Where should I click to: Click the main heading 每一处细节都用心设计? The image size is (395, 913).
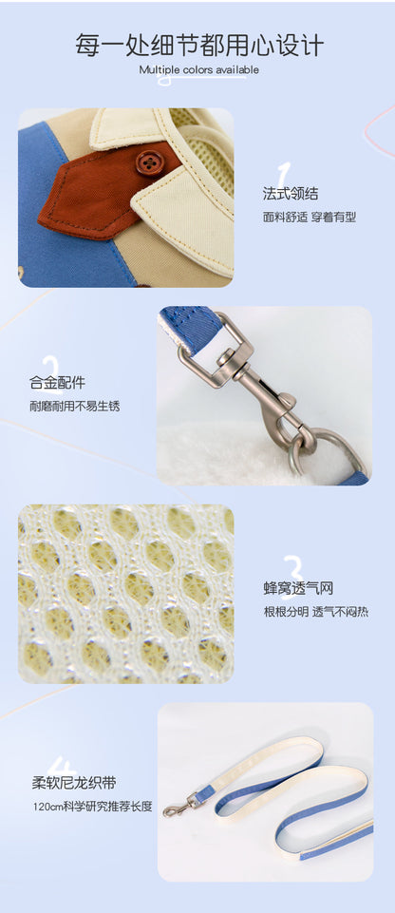[199, 45]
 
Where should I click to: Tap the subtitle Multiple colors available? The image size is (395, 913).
[199, 70]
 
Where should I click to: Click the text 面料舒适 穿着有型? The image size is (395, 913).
[309, 218]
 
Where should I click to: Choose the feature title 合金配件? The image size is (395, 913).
[57, 383]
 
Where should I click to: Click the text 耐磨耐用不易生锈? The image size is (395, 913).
[74, 406]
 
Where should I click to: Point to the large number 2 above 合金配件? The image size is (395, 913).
[51, 369]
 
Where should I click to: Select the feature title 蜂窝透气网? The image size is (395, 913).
[298, 589]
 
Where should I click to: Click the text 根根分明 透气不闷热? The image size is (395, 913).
[316, 612]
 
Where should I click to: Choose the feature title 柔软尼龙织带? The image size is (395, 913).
[74, 783]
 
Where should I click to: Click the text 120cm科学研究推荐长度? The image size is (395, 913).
[92, 807]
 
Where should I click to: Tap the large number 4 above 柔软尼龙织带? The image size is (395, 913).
[61, 768]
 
